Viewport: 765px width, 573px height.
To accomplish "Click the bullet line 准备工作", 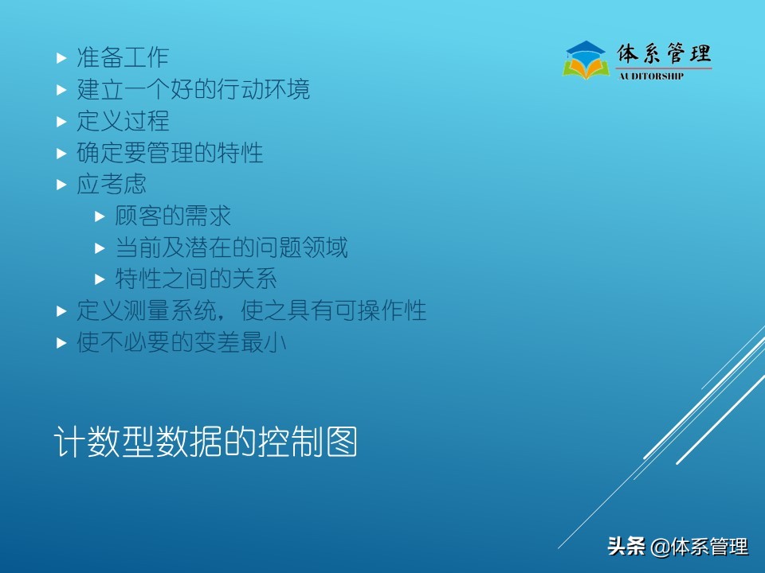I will (123, 57).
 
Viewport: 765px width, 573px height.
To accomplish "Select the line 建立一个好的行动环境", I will (193, 89).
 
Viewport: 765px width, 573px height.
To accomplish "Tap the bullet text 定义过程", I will (123, 121).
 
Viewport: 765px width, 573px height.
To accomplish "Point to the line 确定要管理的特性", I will (170, 152).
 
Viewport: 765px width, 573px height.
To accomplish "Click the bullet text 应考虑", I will (112, 184).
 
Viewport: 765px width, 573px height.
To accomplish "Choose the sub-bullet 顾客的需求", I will (173, 216).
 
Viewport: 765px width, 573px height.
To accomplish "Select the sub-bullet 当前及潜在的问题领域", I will (231, 248).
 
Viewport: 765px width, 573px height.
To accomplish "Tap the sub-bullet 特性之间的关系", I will (196, 279).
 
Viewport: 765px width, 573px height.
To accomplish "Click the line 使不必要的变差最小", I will (181, 343).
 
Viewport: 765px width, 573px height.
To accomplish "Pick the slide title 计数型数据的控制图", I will (205, 443).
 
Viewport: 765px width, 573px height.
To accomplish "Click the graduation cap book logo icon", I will (586, 60).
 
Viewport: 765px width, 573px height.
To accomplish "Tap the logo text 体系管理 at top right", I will (664, 54).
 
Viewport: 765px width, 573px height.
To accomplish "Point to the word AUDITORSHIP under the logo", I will (651, 76).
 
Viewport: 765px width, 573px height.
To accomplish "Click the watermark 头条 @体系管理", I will (677, 547).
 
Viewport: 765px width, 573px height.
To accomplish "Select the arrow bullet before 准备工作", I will (61, 58).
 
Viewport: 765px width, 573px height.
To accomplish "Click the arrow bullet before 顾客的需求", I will (100, 216).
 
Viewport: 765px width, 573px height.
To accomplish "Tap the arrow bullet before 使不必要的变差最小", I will (61, 344).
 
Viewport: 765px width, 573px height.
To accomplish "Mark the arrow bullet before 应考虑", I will (61, 185).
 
